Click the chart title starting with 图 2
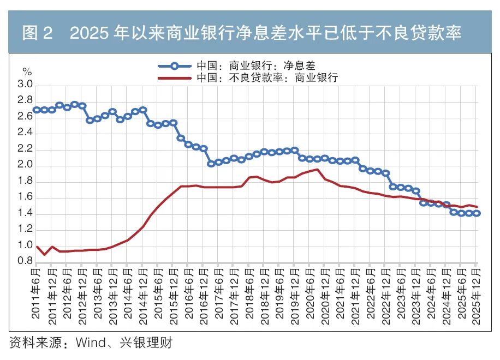(x=242, y=33)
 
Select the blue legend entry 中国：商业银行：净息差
(x=236, y=66)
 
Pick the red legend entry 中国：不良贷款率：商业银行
(x=248, y=78)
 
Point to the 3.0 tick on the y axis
(x=25, y=84)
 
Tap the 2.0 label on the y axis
(x=25, y=164)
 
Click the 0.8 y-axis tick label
(x=25, y=261)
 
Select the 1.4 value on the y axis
(x=25, y=213)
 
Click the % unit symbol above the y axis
(x=27, y=71)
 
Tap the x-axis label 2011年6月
(x=35, y=293)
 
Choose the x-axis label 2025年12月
(x=476, y=296)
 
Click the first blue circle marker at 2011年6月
(x=37, y=110)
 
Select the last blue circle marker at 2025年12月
(x=477, y=213)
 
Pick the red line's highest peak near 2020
(x=317, y=170)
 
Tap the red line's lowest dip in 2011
(x=44, y=255)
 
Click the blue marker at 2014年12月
(x=143, y=110)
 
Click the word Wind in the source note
(x=91, y=343)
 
